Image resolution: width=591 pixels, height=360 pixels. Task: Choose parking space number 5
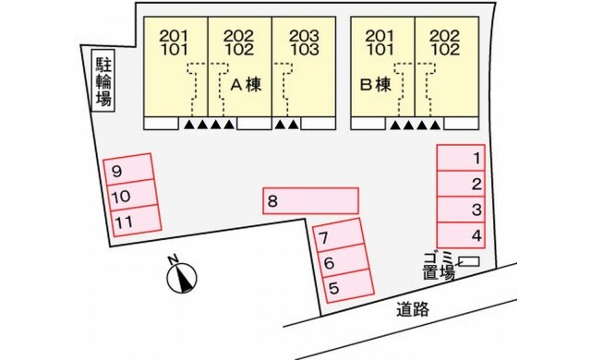pos(344,288)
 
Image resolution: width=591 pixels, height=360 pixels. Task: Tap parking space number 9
pos(130,171)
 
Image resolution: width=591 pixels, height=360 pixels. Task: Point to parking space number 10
pos(133,196)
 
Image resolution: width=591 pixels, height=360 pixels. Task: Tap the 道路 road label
pos(413,309)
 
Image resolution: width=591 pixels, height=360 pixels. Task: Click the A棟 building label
pos(247,84)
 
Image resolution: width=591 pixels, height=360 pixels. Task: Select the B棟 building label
pos(377,84)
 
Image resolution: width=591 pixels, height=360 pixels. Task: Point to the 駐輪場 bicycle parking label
pos(103,81)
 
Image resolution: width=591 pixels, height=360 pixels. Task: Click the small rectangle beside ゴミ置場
pos(469,264)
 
